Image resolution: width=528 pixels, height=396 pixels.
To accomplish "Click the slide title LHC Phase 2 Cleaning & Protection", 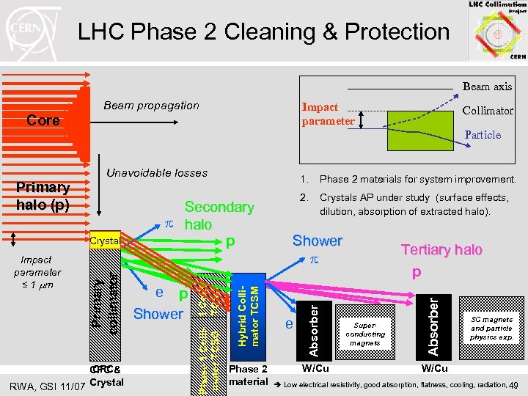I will [263, 32].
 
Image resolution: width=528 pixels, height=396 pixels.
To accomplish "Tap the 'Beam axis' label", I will [487, 87].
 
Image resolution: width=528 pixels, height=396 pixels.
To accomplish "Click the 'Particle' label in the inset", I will [483, 135].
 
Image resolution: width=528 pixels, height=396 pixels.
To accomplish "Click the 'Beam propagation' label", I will [151, 106].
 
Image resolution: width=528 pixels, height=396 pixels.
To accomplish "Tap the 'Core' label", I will [43, 120].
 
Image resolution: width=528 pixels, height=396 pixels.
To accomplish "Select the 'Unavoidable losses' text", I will [157, 173].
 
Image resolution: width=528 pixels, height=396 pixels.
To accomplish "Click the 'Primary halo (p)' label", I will [43, 196].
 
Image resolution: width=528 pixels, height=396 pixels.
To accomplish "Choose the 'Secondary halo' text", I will [219, 216].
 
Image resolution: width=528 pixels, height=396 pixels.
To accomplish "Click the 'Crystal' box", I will [103, 241].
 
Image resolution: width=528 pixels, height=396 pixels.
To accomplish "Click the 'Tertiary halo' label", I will [441, 250].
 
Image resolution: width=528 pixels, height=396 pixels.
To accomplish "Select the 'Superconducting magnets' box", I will [364, 333].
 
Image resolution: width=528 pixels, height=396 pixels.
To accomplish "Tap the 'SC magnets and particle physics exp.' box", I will [491, 328].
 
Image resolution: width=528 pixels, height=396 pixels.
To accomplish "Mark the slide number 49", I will [514, 386].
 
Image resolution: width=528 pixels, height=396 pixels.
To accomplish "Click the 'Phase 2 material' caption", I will [248, 375].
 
